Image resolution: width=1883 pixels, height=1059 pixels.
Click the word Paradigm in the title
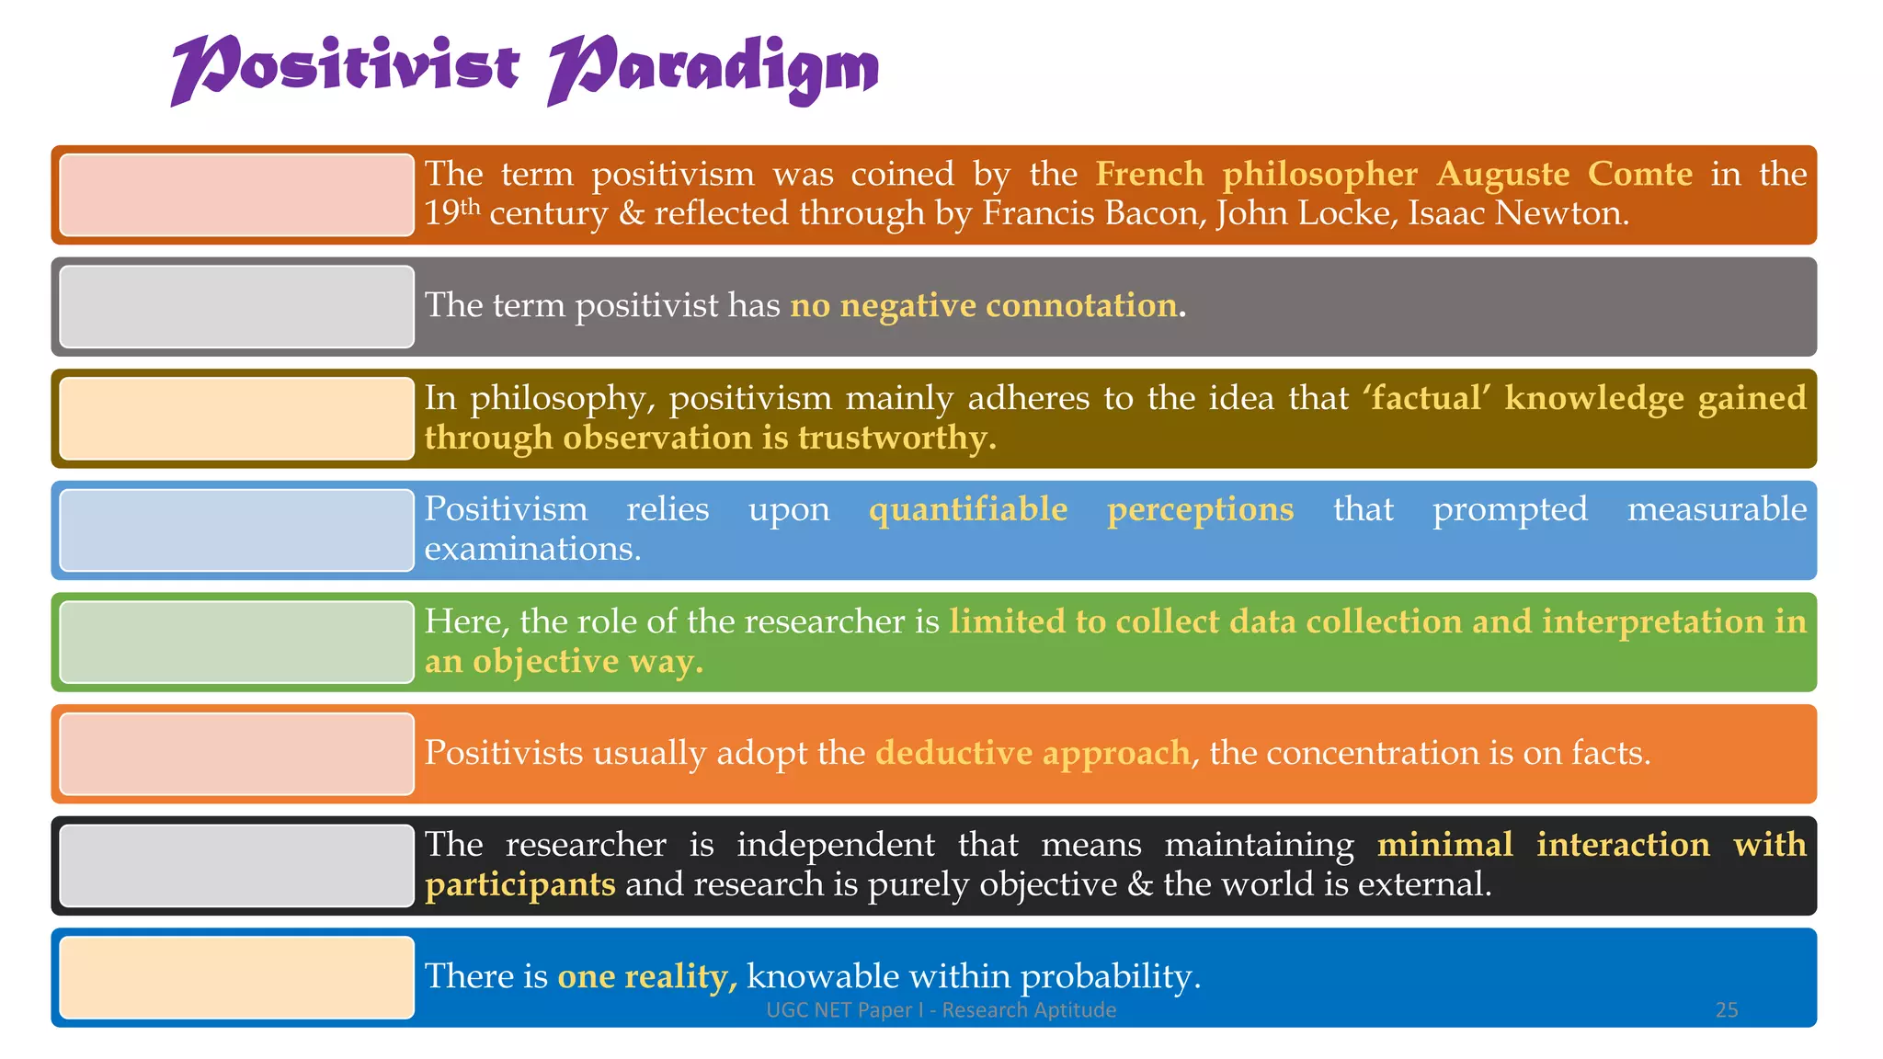(713, 69)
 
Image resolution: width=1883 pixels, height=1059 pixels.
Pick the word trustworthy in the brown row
(896, 438)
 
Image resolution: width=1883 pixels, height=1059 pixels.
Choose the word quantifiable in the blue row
(967, 509)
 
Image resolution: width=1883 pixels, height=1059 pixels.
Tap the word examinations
(531, 549)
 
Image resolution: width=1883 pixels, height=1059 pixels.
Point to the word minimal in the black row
(1444, 845)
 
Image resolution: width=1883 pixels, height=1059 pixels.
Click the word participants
(519, 884)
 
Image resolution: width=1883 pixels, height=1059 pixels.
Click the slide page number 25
(1726, 1010)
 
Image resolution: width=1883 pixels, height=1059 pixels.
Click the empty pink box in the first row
(236, 195)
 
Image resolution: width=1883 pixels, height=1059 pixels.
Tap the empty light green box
(236, 642)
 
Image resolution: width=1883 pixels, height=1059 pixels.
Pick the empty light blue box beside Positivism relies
(236, 530)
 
